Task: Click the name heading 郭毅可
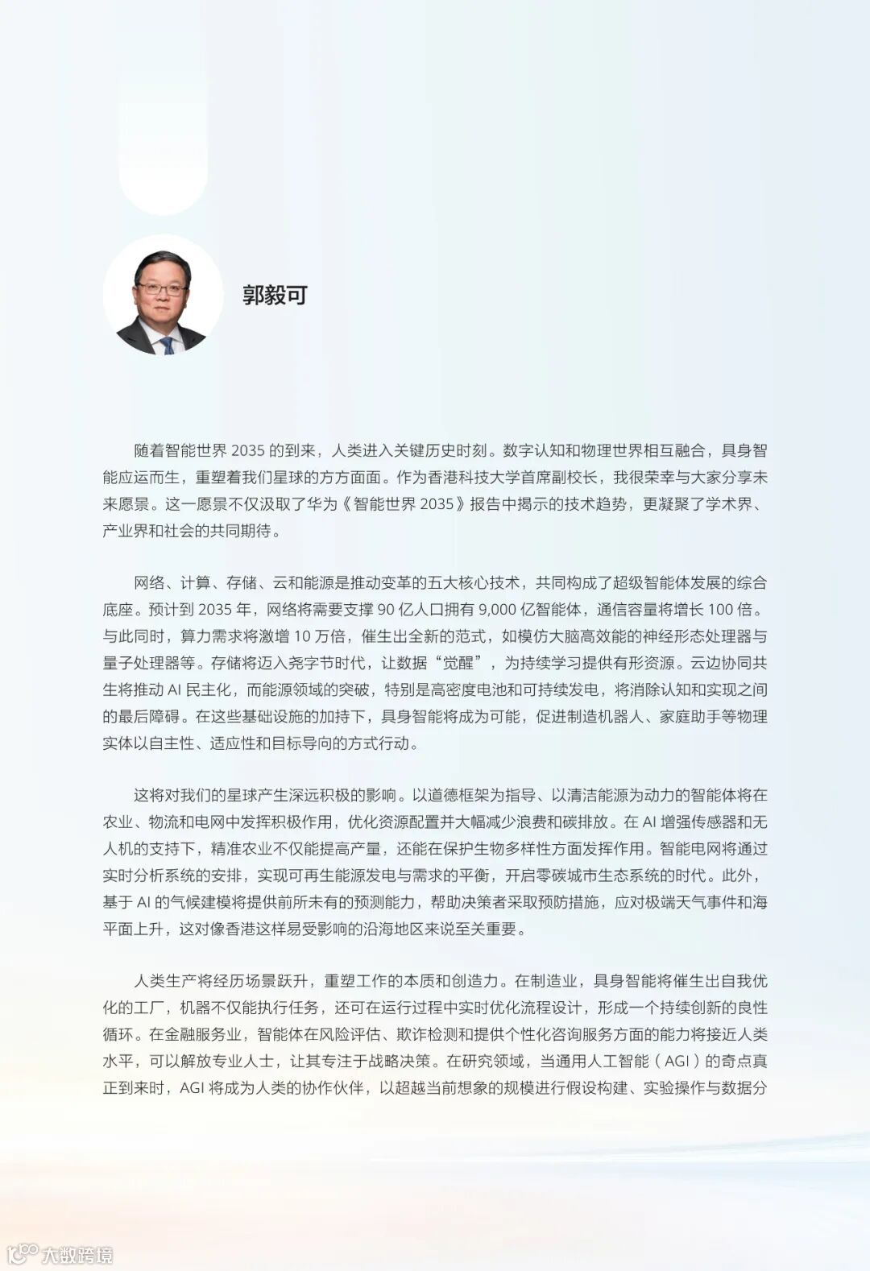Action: coord(275,295)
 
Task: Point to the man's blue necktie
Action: coord(167,345)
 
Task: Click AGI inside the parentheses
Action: coord(677,1061)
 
